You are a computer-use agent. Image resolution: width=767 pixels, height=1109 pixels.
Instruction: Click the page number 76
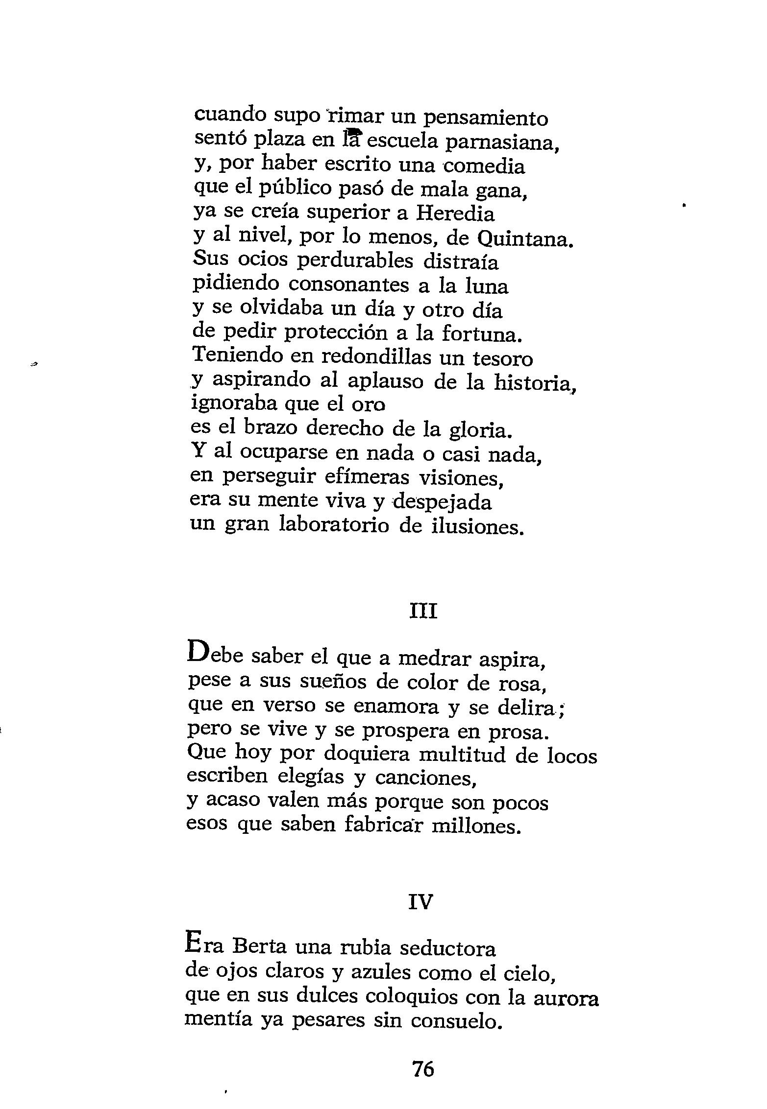(x=423, y=1069)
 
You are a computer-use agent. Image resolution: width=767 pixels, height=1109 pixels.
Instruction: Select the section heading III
(x=423, y=612)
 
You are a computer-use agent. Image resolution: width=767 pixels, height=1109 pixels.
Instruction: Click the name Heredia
(x=455, y=213)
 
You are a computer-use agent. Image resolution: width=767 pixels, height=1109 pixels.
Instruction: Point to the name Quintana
(x=524, y=239)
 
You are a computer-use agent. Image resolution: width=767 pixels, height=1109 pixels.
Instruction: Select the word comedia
(x=485, y=166)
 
